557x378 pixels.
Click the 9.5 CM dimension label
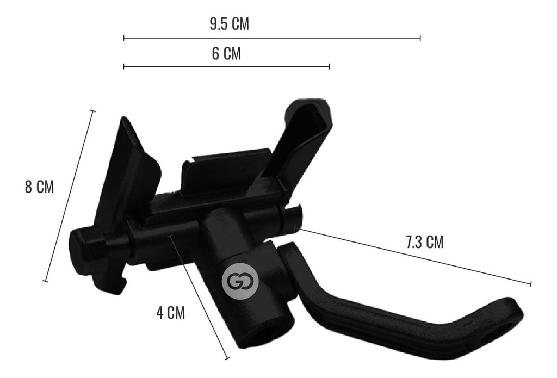pyautogui.click(x=229, y=24)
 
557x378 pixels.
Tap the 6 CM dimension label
pyautogui.click(x=226, y=54)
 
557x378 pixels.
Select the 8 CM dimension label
pyautogui.click(x=39, y=187)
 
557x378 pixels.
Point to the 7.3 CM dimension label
pyautogui.click(x=424, y=243)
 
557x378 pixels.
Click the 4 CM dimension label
pyautogui.click(x=170, y=313)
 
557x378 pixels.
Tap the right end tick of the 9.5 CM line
pyautogui.click(x=420, y=38)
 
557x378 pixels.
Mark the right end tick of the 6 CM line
pyautogui.click(x=329, y=66)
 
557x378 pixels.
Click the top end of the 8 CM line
pyautogui.click(x=92, y=111)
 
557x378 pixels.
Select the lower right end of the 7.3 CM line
pyautogui.click(x=530, y=283)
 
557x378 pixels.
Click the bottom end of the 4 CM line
pyautogui.click(x=227, y=357)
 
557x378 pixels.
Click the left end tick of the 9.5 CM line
pyautogui.click(x=124, y=38)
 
